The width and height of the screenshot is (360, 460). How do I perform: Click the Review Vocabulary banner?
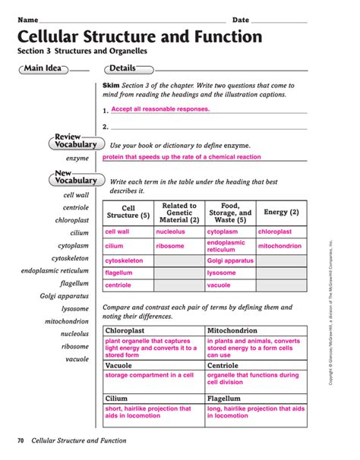point(74,140)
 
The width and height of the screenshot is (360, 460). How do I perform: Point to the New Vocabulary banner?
point(74,177)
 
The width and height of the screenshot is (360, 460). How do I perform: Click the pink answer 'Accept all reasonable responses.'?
point(159,109)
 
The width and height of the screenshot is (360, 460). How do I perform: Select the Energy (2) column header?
point(281,213)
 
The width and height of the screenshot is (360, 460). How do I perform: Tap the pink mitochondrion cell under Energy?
point(280,246)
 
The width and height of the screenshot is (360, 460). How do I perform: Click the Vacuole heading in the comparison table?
point(118,365)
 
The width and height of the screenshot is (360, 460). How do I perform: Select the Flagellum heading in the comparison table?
point(227,398)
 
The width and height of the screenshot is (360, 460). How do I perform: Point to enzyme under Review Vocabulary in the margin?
point(77,159)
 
